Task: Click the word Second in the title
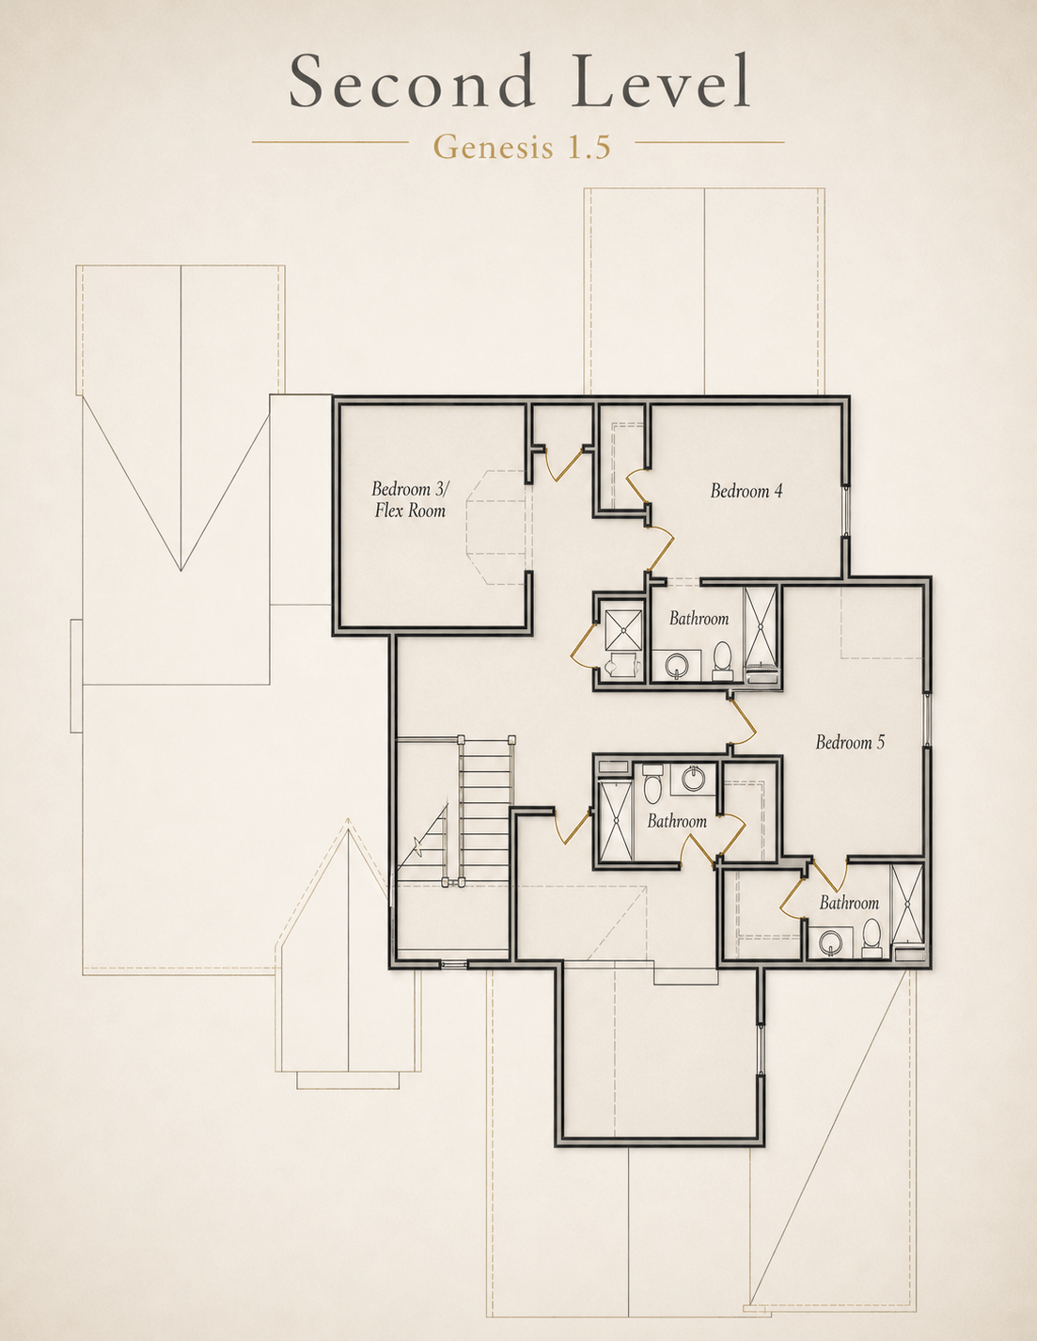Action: [412, 81]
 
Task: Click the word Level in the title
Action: [661, 81]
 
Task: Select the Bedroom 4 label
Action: [746, 491]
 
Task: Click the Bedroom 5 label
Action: [850, 742]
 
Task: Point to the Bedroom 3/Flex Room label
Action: [410, 500]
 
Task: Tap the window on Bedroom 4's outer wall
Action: [846, 511]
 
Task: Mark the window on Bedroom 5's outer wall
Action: [927, 719]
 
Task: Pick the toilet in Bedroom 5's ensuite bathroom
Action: [872, 938]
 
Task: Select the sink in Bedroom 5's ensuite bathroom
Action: [830, 942]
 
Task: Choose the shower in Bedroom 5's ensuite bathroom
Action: [907, 905]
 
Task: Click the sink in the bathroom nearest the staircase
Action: [695, 779]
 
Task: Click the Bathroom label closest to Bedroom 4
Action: [699, 619]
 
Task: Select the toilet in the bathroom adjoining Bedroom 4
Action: [722, 661]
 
